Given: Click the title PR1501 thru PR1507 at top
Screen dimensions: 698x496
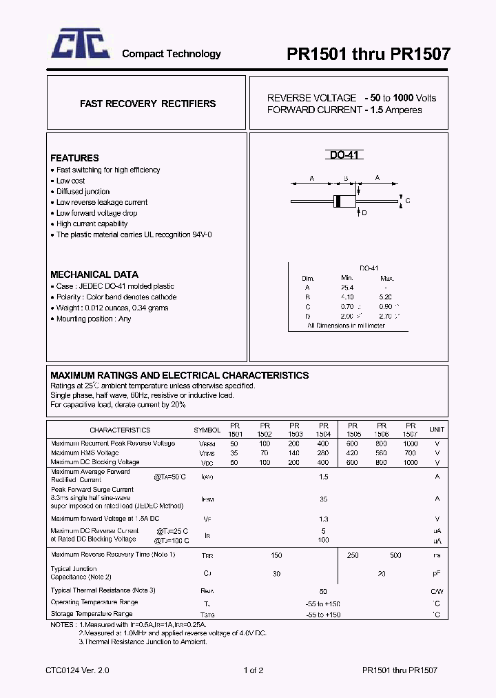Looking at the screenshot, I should pos(369,54).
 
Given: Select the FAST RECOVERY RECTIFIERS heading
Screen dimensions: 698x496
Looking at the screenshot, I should pos(147,103).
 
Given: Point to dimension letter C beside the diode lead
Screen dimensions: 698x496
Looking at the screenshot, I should pos(407,201).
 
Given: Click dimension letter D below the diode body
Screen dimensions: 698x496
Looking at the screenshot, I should pos(364,213).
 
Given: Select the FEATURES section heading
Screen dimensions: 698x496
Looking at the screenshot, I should pos(74,158).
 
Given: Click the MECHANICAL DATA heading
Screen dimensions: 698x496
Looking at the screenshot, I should pos(94,274).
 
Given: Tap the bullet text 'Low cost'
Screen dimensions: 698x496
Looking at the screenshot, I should pos(70,181).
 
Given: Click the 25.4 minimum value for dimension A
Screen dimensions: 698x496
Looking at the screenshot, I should pos(347,288).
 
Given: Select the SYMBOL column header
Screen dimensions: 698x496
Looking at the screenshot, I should pos(207,430).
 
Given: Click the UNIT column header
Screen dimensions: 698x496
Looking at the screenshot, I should pos(437,430).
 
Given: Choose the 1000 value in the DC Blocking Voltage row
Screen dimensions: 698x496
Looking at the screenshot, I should pos(411,462).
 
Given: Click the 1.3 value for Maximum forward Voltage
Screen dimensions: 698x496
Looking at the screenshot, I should pos(324,519).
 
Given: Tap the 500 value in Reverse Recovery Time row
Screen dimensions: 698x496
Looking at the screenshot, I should pos(395,555).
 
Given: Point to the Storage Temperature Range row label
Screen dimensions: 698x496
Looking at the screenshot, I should pos(92,613).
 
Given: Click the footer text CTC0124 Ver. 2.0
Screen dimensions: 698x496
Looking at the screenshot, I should pos(77,670).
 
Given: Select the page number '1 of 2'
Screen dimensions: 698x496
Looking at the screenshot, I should pos(254,670).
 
